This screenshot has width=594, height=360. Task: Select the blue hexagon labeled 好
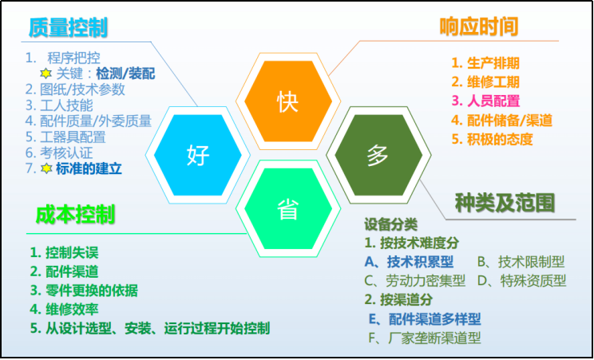coord(198,154)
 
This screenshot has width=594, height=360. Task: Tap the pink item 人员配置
coord(496,101)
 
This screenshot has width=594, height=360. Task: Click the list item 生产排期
coord(496,62)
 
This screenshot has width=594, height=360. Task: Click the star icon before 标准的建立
coord(46,168)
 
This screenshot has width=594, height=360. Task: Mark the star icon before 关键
coord(46,73)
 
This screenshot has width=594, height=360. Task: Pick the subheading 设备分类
coord(391,225)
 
